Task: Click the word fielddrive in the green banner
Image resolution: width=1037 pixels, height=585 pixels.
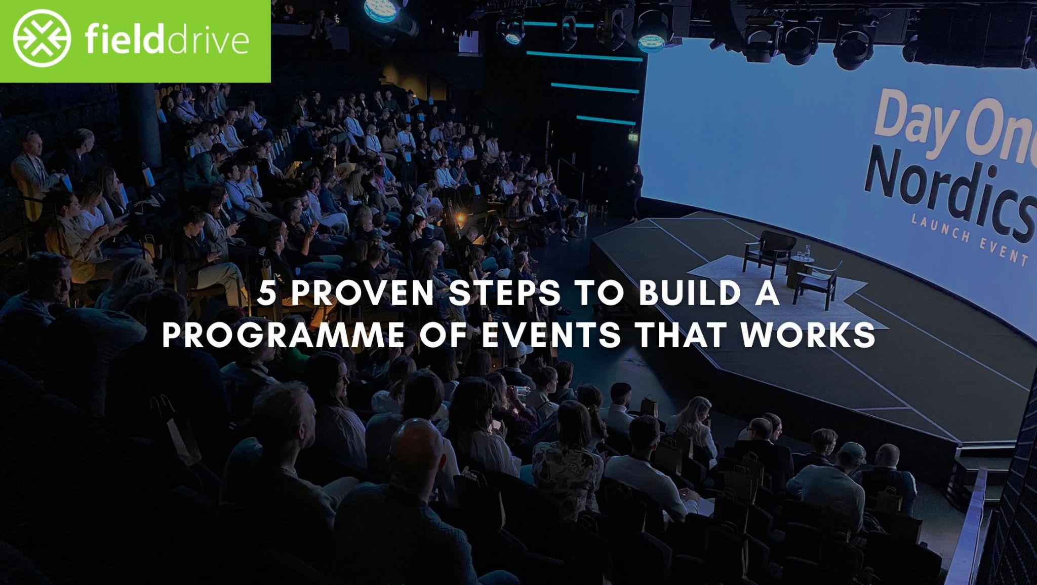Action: (x=167, y=41)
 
